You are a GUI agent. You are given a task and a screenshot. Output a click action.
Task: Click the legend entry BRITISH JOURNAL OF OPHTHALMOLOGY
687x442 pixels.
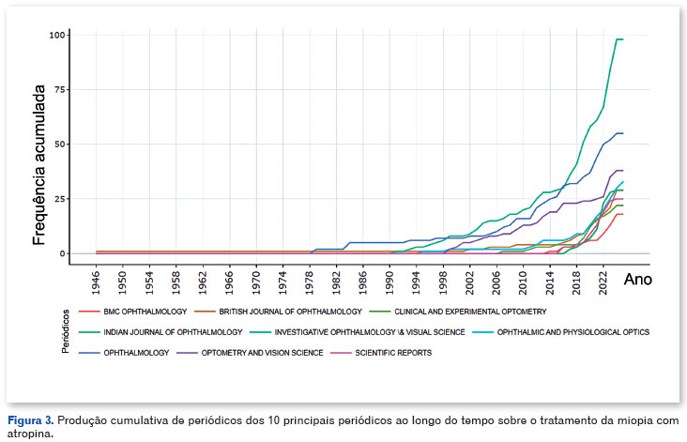288,311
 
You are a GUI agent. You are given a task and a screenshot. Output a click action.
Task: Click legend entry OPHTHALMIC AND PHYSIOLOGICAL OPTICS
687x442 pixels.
574,331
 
